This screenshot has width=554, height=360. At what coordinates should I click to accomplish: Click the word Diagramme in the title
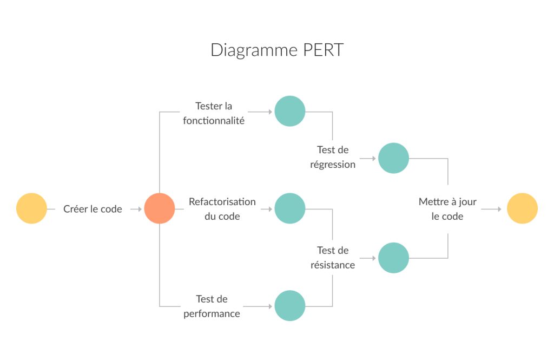[253, 50]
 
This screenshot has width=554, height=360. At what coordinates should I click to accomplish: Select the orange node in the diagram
[160, 208]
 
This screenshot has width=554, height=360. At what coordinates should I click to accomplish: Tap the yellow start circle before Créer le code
[31, 208]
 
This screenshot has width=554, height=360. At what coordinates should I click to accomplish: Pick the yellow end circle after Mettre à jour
[522, 208]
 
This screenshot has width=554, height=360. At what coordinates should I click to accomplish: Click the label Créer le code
[93, 209]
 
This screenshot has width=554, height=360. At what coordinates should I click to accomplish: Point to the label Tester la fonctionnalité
[214, 113]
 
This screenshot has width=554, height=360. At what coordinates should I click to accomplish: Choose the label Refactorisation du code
[222, 209]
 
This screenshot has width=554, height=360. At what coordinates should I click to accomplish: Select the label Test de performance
[212, 306]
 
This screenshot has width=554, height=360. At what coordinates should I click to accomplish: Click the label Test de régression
[333, 157]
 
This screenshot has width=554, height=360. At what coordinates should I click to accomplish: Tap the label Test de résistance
[333, 258]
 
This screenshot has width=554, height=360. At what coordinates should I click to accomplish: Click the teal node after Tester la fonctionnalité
[290, 111]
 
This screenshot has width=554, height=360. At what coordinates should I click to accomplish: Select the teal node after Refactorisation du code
[290, 208]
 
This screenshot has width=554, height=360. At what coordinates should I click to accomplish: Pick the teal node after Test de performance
[290, 306]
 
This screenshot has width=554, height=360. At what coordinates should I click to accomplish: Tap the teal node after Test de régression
[393, 158]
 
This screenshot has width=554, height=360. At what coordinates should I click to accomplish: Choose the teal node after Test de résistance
[393, 258]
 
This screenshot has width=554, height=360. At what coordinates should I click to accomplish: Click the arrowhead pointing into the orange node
[140, 209]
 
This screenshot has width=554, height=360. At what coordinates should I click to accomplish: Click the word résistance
[333, 265]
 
